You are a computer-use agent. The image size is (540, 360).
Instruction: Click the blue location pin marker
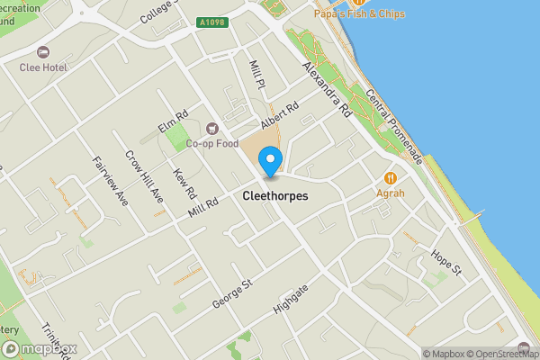click(269, 163)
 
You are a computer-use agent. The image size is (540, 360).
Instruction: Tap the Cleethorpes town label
click(275, 195)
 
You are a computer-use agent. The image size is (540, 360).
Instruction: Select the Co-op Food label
click(211, 143)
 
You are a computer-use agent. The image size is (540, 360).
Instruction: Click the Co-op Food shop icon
click(212, 128)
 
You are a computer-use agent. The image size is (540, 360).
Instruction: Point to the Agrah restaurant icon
click(391, 177)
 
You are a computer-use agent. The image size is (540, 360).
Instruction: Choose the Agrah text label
click(391, 193)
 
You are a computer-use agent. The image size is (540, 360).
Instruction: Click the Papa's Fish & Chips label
click(359, 14)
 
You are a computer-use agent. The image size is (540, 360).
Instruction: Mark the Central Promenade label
click(393, 127)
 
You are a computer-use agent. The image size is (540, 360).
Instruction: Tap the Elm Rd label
click(173, 121)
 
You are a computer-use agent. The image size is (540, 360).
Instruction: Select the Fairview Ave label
click(110, 179)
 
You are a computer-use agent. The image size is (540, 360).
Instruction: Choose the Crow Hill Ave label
click(144, 175)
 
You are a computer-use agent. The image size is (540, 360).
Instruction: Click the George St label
click(232, 293)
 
